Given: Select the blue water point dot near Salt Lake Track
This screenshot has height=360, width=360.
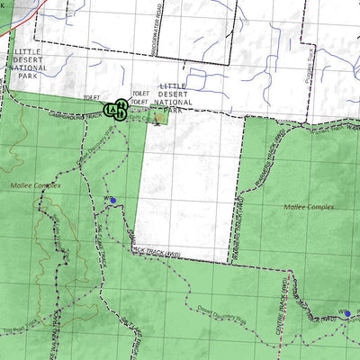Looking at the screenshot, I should (112, 200).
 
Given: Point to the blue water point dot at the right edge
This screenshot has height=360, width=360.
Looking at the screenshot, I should (347, 314).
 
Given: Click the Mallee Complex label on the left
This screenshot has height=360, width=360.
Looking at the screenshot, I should (37, 185).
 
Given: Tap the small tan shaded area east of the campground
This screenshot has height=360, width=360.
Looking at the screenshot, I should (159, 116).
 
